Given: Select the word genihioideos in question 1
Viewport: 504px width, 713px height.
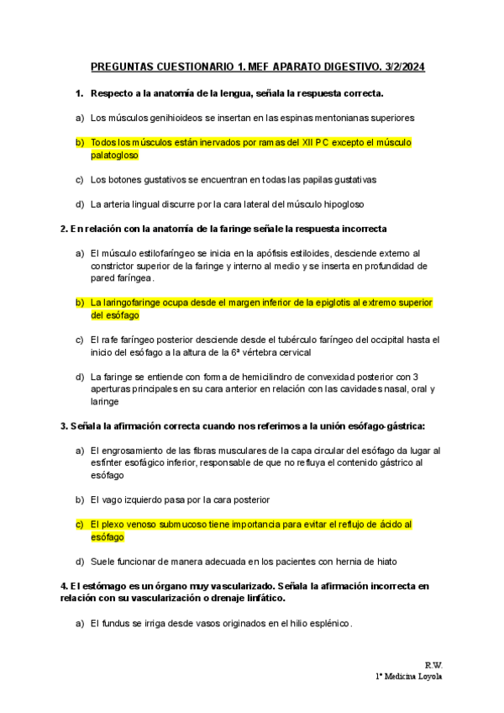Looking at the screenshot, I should click(171, 118).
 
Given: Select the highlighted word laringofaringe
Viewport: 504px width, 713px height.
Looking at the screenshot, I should click(134, 303).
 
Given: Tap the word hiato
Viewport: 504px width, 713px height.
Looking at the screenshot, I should click(383, 562).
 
